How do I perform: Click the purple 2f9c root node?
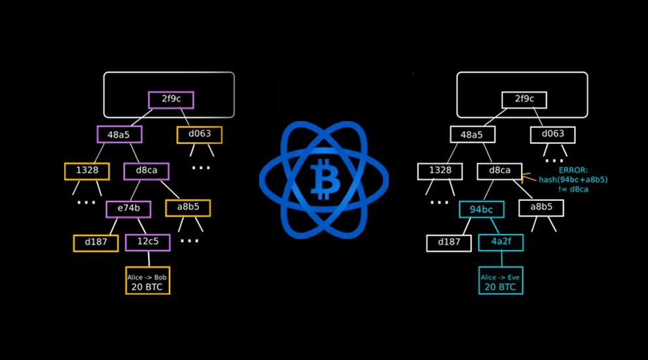pyautogui.click(x=171, y=99)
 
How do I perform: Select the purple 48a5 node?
pyautogui.click(x=119, y=134)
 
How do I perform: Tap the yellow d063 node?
pyautogui.click(x=200, y=135)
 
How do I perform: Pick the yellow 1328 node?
pyautogui.click(x=87, y=171)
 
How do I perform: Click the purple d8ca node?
pyautogui.click(x=147, y=171)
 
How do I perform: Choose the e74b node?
pyautogui.click(x=128, y=209)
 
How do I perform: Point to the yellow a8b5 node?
pyautogui.click(x=188, y=208)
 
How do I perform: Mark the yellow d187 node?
pyautogui.click(x=96, y=243)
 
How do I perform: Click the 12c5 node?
pyautogui.click(x=147, y=242)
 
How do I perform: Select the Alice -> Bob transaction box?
pyautogui.click(x=147, y=280)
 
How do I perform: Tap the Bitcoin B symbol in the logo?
pyautogui.click(x=325, y=179)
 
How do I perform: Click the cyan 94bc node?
pyautogui.click(x=482, y=209)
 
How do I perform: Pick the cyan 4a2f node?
pyautogui.click(x=501, y=242)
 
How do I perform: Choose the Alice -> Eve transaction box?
pyautogui.click(x=501, y=280)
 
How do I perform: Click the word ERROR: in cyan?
pyautogui.click(x=573, y=170)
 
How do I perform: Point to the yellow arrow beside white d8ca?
pyautogui.click(x=529, y=178)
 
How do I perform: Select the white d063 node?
pyautogui.click(x=553, y=135)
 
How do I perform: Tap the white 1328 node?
pyautogui.click(x=440, y=171)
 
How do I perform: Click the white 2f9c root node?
pyautogui.click(x=524, y=99)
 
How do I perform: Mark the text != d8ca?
pyautogui.click(x=573, y=189)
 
